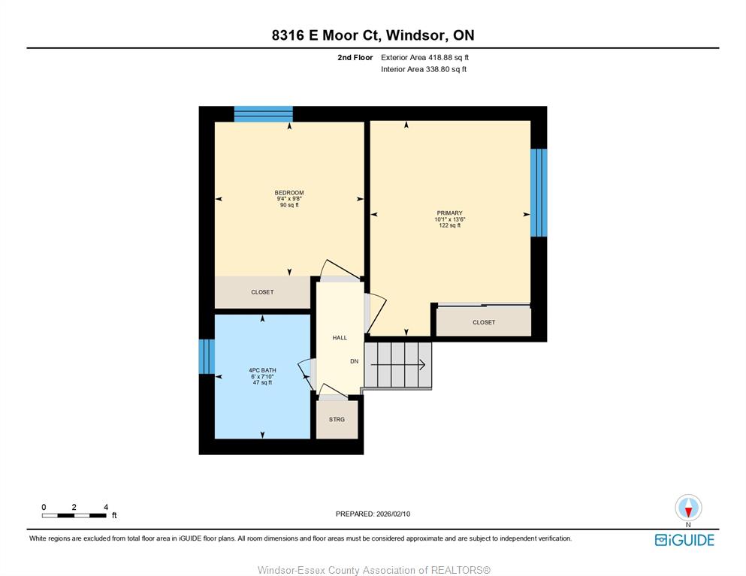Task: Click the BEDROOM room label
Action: [x=288, y=193]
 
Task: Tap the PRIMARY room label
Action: [x=449, y=213]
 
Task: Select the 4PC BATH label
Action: [x=262, y=370]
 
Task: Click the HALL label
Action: [x=340, y=338]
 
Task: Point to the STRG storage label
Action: [x=337, y=420]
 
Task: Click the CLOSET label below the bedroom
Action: [x=262, y=292]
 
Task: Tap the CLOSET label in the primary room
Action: [x=484, y=322]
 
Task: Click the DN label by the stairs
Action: [x=355, y=361]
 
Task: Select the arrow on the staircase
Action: [x=397, y=365]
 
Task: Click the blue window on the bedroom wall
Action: [x=263, y=114]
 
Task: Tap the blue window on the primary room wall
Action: [x=539, y=193]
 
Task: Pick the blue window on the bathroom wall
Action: [x=207, y=356]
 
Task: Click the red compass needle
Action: [x=688, y=512]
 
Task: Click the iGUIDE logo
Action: [x=684, y=540]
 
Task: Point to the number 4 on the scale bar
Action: [x=106, y=507]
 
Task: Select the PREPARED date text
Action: [x=373, y=514]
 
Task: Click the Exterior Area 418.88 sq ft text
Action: [x=425, y=58]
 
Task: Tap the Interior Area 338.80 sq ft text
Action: [x=424, y=69]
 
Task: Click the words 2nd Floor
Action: [x=355, y=58]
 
